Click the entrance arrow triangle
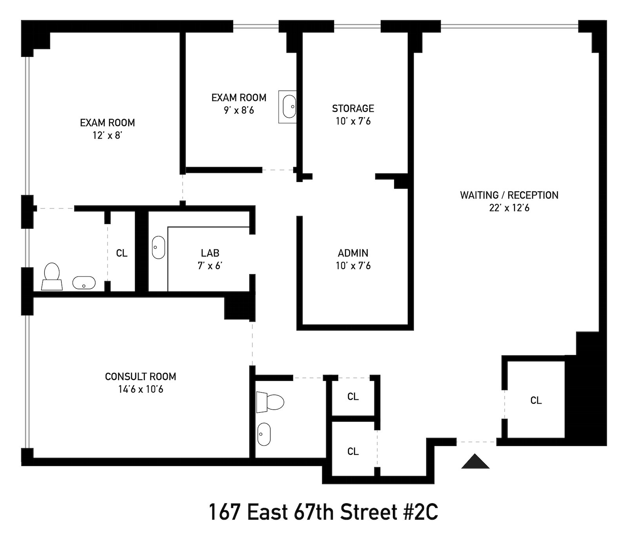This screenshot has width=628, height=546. pyautogui.click(x=475, y=461)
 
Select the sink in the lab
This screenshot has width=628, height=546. pyautogui.click(x=159, y=248)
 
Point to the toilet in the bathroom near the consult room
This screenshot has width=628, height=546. pyautogui.click(x=270, y=402)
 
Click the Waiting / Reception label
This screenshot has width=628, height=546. pyautogui.click(x=509, y=195)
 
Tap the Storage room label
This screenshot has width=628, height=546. pyautogui.click(x=353, y=108)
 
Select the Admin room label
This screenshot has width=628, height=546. pyautogui.click(x=353, y=253)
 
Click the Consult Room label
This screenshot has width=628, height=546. pyautogui.click(x=141, y=377)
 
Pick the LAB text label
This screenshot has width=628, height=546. pyautogui.click(x=210, y=253)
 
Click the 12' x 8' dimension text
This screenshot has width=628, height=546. pyautogui.click(x=108, y=136)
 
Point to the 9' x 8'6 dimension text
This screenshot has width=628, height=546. pyautogui.click(x=239, y=111)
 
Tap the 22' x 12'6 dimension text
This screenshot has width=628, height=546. pyautogui.click(x=509, y=208)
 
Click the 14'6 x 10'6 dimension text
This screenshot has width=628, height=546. pyautogui.click(x=141, y=389)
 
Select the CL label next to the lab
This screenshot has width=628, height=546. pyautogui.click(x=122, y=253)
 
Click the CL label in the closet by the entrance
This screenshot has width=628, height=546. pyautogui.click(x=536, y=400)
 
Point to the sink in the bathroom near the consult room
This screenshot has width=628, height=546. pyautogui.click(x=264, y=434)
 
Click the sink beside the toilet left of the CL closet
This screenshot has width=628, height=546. pyautogui.click(x=84, y=283)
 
